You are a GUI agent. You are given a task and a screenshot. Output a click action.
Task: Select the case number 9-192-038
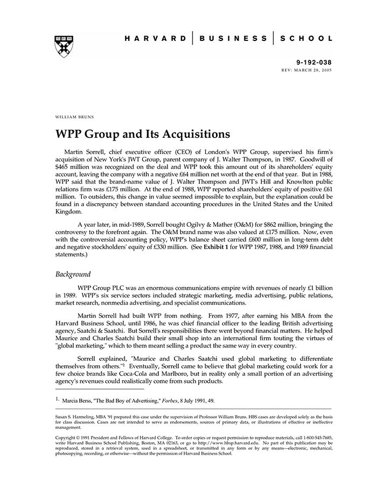coord(315,63)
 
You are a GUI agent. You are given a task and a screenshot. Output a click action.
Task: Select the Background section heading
coord(73,274)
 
